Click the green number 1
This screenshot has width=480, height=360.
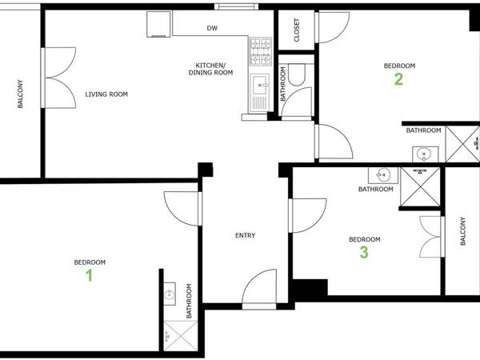coord(89,275)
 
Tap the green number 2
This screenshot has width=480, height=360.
coord(398,78)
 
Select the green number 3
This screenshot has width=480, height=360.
coord(364,253)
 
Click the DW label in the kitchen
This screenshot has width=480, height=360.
coord(212,28)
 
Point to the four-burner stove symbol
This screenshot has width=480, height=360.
coord(261,53)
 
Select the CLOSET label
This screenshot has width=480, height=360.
coord(297,30)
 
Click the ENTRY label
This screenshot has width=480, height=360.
coord(245,235)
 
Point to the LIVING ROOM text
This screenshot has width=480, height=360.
coord(106,94)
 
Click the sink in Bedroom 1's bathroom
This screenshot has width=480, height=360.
coord(170,294)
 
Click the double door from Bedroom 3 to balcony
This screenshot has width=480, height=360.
coord(431,236)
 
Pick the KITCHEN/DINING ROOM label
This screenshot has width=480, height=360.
coord(210,69)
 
